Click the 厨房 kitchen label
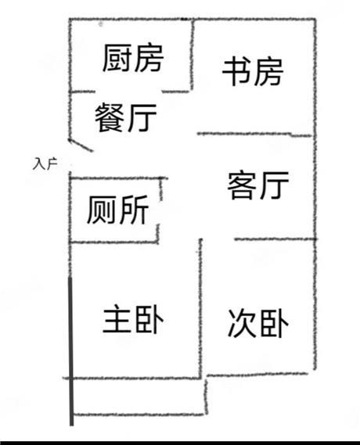click(x=133, y=58)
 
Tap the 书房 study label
click(x=253, y=72)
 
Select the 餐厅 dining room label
click(x=125, y=117)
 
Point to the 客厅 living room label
click(x=258, y=185)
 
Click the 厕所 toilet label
click(x=118, y=210)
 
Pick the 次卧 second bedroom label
click(x=258, y=323)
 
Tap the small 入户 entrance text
click(x=45, y=164)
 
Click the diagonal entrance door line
click(x=81, y=145)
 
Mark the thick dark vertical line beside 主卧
click(x=71, y=351)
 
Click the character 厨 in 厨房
click(x=117, y=58)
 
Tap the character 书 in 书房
click(x=236, y=72)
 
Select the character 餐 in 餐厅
click(x=110, y=117)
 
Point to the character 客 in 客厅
click(x=242, y=185)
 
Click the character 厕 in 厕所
click(x=102, y=210)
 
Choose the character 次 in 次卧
click(x=242, y=323)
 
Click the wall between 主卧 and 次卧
click(x=200, y=308)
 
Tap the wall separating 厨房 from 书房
click(x=192, y=55)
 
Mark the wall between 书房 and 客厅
click(x=254, y=135)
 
